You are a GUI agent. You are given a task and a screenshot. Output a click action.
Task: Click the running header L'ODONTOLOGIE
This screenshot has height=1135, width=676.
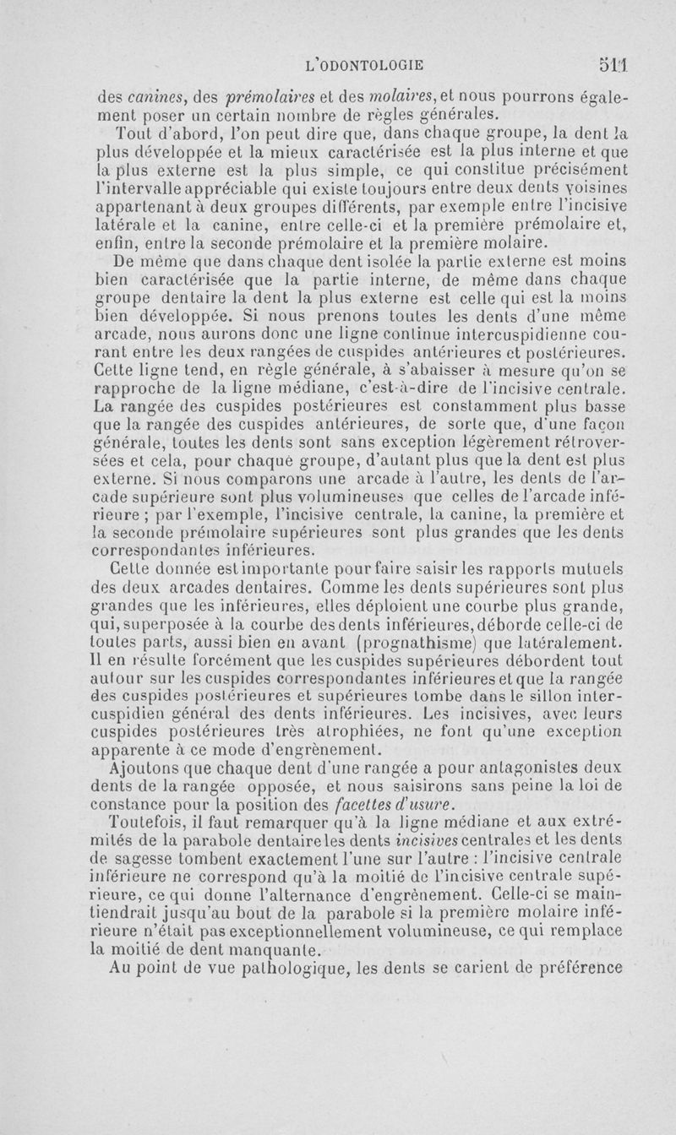[367, 64]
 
